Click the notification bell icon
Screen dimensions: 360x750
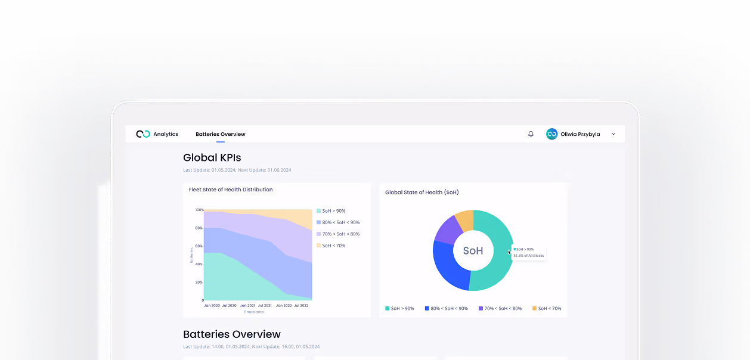(531, 134)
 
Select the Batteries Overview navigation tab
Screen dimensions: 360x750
(221, 134)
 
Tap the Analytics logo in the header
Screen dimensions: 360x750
(143, 134)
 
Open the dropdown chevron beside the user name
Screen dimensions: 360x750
(613, 134)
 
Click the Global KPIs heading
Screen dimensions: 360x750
(212, 158)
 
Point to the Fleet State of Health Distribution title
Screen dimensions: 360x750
(231, 190)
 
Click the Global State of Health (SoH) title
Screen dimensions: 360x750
(422, 193)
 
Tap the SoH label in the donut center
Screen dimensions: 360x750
(473, 251)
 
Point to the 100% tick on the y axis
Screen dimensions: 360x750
(199, 210)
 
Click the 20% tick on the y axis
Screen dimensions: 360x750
(199, 282)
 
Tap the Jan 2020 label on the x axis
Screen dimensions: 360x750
(212, 305)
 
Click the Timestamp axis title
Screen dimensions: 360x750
(253, 312)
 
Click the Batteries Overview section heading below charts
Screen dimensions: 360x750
(232, 334)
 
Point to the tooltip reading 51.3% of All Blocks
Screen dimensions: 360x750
(528, 256)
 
